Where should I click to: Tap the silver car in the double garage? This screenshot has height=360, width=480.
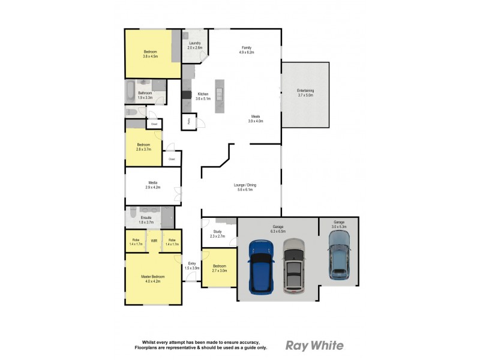pos(293,266)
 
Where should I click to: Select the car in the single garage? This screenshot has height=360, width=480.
pos(339,255)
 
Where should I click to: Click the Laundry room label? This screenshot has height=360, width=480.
pos(194,43)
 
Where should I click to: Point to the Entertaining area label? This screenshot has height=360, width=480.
pos(305,91)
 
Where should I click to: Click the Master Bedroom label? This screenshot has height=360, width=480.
pos(152,277)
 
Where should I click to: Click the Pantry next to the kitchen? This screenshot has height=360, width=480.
pos(188,121)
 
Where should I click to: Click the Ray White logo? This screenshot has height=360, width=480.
pos(314,345)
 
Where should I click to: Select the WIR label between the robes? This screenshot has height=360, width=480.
pos(154,241)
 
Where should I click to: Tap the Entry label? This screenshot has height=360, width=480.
pos(191,263)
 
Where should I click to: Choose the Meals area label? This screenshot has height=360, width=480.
pos(256,117)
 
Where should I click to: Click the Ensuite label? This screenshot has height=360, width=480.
pos(146,217)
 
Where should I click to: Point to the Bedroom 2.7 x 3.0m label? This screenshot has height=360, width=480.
pos(219,266)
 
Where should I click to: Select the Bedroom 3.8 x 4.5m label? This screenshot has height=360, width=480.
pos(150,52)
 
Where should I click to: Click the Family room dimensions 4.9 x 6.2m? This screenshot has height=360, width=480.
pos(246,52)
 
